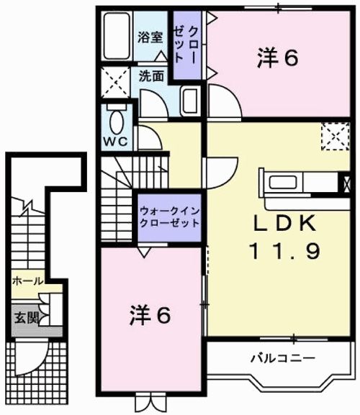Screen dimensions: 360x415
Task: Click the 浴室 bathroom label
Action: click(150, 37)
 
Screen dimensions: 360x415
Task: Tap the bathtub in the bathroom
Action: click(117, 36)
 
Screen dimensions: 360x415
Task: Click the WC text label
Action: click(115, 142)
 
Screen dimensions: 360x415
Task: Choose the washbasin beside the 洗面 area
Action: click(191, 101)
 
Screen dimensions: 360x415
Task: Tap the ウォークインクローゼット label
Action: click(169, 217)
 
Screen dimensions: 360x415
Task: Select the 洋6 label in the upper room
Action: click(278, 58)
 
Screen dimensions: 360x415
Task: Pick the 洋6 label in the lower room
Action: click(150, 315)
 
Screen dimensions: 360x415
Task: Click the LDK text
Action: click(285, 223)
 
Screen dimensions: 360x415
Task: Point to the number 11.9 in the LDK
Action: click(285, 252)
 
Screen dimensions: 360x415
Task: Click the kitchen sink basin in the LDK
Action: click(283, 183)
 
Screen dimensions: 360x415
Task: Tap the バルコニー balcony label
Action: click(283, 359)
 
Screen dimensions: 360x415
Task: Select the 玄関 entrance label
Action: click(26, 317)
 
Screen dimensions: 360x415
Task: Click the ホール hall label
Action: click(27, 281)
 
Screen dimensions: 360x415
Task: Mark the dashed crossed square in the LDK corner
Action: click(336, 137)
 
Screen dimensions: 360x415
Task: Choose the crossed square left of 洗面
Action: click(116, 82)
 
